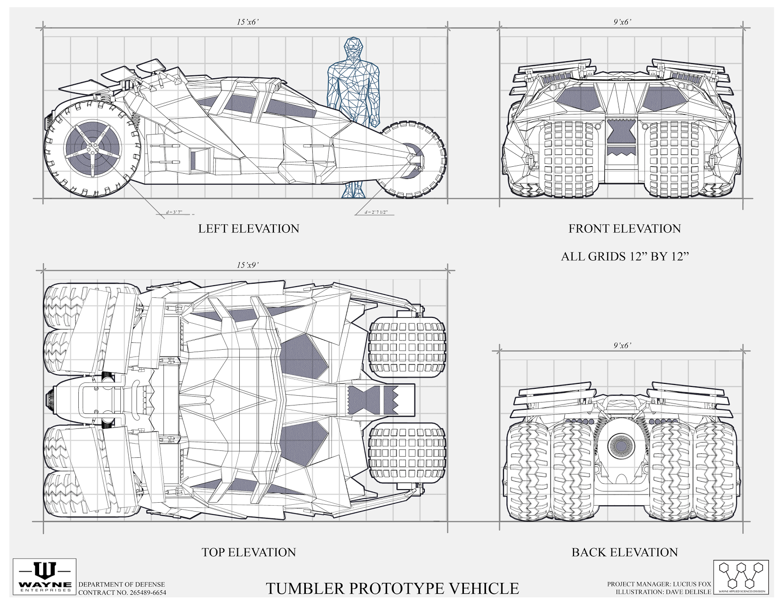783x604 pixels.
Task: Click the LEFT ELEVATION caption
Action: (x=248, y=228)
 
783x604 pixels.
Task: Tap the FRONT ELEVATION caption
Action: (x=624, y=228)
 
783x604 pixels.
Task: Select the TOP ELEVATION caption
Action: (x=249, y=552)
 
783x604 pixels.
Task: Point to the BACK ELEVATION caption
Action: (x=624, y=552)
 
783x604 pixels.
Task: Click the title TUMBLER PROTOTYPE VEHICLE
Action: (x=392, y=588)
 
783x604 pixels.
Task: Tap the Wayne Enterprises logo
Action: (x=45, y=577)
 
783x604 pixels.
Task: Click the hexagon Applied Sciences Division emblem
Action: (x=740, y=577)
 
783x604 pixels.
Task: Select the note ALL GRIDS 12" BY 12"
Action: (x=624, y=256)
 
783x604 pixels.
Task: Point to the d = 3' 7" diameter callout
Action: (x=174, y=212)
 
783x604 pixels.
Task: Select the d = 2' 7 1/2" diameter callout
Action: (x=376, y=212)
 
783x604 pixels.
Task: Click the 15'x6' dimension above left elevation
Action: (x=247, y=22)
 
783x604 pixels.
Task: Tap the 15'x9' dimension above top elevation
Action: (x=247, y=265)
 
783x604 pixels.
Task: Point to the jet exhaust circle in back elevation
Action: (x=623, y=445)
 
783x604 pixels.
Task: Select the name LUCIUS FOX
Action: (x=692, y=584)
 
